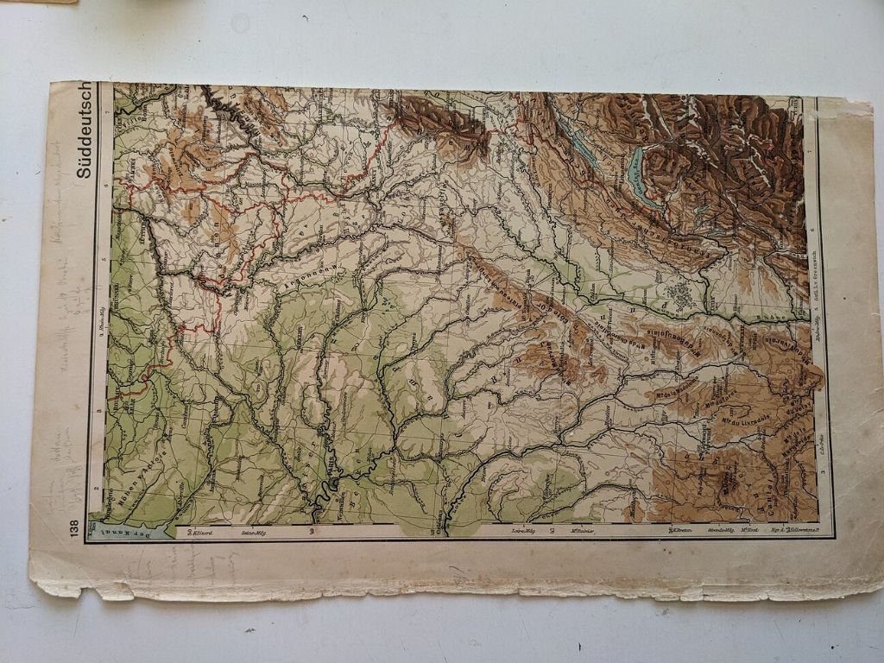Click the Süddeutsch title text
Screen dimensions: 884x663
(83, 129)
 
